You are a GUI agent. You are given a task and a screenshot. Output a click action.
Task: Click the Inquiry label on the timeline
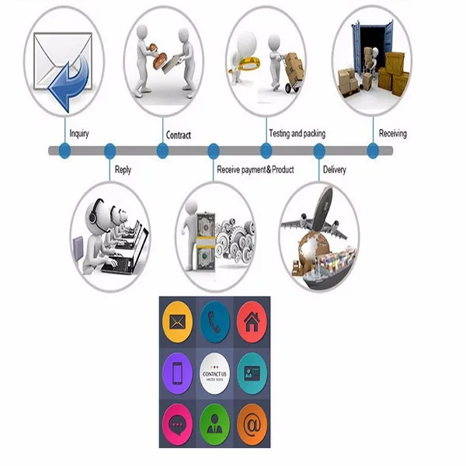point(79,134)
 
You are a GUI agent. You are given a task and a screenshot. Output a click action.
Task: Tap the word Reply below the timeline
point(123,169)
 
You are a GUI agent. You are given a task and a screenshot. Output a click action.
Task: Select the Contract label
point(179,135)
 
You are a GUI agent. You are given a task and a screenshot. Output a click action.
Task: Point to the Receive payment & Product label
point(255,169)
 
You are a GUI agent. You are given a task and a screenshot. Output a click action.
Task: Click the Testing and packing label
point(297,134)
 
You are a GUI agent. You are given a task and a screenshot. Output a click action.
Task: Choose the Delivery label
point(334,169)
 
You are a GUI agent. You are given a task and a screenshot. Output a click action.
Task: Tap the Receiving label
point(392,134)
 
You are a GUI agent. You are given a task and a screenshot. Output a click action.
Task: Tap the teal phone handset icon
point(214,319)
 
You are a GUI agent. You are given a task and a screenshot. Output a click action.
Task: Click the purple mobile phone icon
point(178,373)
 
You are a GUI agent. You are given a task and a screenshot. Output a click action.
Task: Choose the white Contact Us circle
point(214,373)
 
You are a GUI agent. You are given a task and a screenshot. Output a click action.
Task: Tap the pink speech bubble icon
point(178,425)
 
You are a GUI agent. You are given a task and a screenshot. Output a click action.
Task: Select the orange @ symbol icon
point(252,425)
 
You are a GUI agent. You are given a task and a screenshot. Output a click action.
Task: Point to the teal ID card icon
point(252,373)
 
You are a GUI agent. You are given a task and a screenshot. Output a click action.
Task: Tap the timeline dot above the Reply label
point(110,150)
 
